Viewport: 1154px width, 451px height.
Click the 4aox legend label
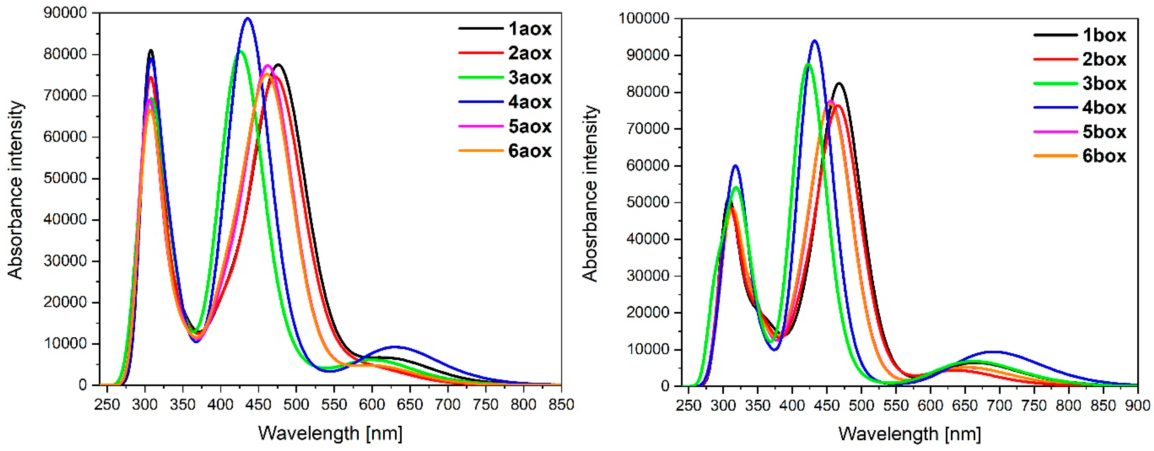(529, 102)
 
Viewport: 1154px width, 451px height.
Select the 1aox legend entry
(529, 29)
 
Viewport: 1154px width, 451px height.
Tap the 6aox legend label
(529, 151)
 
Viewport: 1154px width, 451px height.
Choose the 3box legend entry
(1104, 84)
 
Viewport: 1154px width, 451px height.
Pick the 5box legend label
(1104, 132)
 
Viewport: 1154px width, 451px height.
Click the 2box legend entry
(1104, 60)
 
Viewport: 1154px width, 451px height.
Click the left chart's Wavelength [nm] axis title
(330, 433)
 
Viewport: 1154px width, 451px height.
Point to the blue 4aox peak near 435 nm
(248, 18)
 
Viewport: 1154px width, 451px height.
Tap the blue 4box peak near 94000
(814, 41)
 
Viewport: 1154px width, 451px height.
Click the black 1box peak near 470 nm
(839, 83)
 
